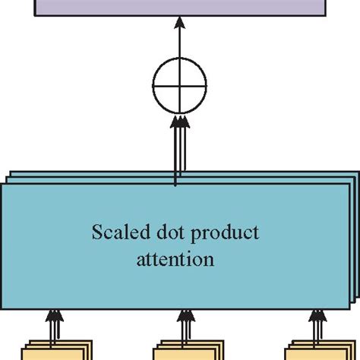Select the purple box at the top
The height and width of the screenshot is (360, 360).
[x=179, y=9]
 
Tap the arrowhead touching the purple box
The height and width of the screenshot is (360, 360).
[x=179, y=26]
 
